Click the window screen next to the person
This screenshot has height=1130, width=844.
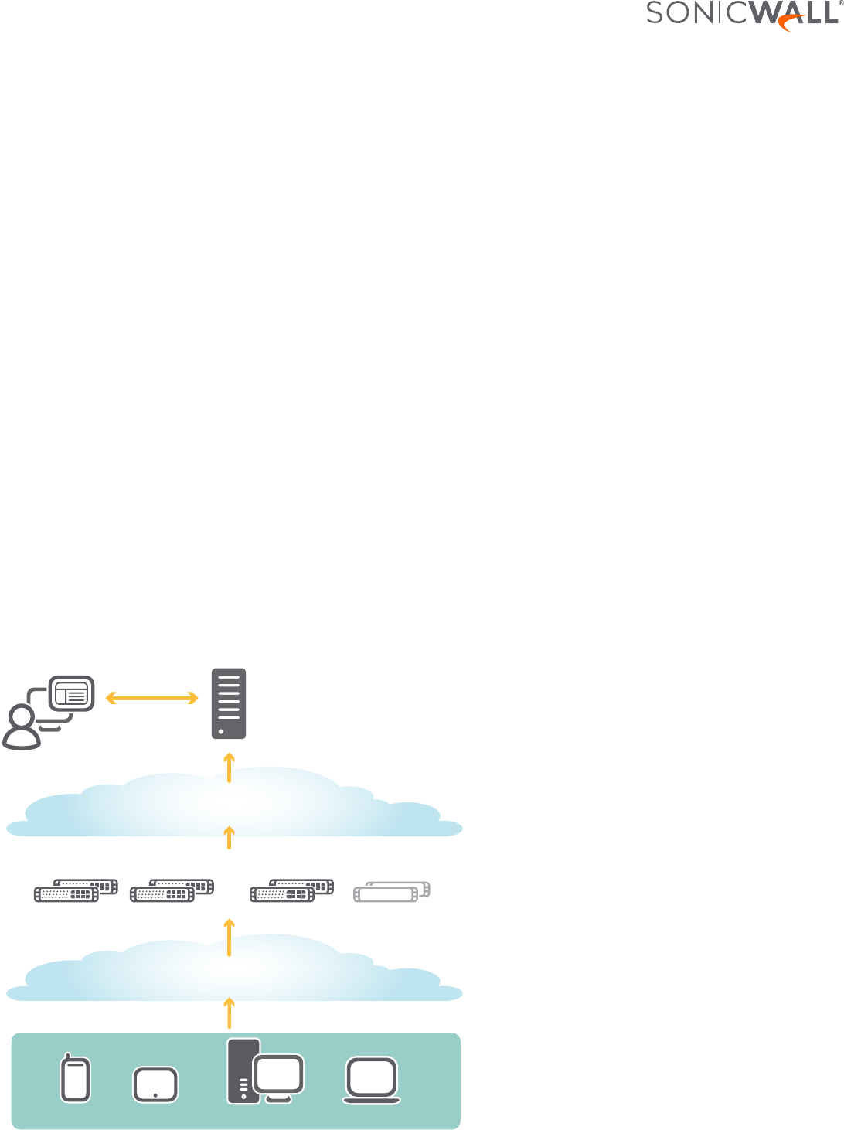(x=72, y=694)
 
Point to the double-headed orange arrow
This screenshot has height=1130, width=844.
(x=151, y=699)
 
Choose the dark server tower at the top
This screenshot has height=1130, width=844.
(x=229, y=703)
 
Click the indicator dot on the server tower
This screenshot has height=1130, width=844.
(x=221, y=730)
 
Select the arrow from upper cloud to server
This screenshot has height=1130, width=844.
(x=229, y=768)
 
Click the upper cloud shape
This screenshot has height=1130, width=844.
(x=232, y=804)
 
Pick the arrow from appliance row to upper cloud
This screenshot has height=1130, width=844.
(x=229, y=838)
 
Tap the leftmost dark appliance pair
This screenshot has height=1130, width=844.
(x=76, y=890)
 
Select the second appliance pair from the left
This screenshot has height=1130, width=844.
(x=172, y=890)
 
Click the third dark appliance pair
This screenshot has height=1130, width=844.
(x=291, y=890)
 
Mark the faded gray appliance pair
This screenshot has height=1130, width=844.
(x=391, y=891)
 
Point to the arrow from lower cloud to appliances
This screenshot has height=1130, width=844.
(x=229, y=936)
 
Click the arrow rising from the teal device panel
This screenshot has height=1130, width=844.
(x=229, y=1012)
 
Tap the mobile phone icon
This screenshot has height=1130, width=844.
(x=75, y=1077)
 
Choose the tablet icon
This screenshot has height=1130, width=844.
(x=155, y=1084)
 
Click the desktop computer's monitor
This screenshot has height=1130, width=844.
(x=278, y=1075)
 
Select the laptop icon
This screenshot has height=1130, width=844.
(x=372, y=1080)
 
